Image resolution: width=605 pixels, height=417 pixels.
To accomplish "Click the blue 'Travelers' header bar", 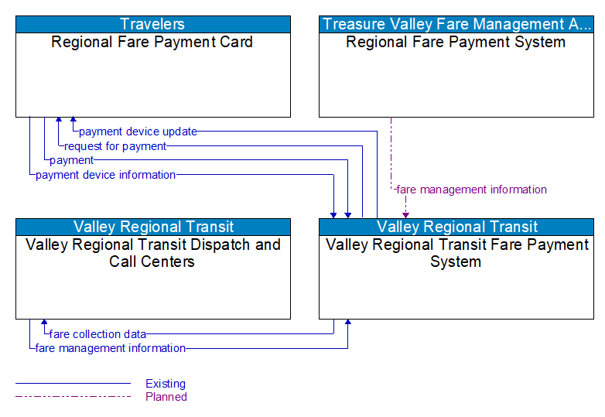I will [153, 24].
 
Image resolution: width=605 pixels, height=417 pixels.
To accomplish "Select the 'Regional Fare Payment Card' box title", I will [152, 43].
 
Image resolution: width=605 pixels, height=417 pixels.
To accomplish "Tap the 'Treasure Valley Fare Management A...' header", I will [456, 24].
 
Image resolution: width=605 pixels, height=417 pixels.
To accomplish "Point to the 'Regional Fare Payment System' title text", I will [456, 43].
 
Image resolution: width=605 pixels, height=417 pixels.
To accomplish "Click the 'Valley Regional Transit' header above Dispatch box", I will [153, 227].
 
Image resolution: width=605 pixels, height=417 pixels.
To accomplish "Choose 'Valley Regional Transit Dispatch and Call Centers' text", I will [152, 253].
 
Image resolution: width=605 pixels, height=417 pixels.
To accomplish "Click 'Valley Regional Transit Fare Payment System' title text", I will [456, 253].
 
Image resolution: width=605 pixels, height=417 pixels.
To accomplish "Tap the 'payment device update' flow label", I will [138, 132].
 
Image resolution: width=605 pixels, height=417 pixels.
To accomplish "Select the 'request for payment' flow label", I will [115, 146].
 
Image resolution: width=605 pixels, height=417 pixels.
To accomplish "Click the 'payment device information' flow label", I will [106, 175].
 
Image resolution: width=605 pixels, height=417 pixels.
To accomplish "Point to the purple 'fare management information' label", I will [471, 190].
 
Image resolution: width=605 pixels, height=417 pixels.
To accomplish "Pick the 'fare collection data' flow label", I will [97, 334].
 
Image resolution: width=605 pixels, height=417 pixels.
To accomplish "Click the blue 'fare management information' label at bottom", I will [111, 348].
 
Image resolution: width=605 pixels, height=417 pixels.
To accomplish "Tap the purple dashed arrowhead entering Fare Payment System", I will [405, 214].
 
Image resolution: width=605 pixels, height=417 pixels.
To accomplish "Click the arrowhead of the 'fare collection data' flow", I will [44, 323].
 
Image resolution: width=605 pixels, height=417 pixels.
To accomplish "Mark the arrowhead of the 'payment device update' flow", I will [73, 121].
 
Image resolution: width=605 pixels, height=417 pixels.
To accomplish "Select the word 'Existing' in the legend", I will [166, 384].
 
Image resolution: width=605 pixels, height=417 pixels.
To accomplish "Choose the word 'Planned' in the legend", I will [166, 397].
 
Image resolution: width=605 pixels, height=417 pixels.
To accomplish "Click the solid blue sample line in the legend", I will [73, 384].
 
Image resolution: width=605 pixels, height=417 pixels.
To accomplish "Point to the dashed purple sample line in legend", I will [73, 397].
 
